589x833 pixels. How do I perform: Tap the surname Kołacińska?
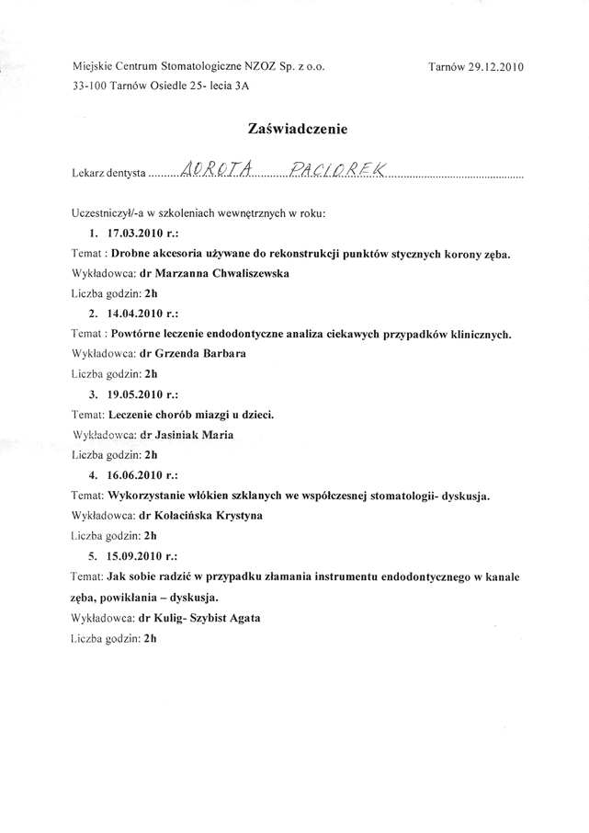pyautogui.click(x=187, y=517)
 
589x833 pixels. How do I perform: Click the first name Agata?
pyautogui.click(x=242, y=619)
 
